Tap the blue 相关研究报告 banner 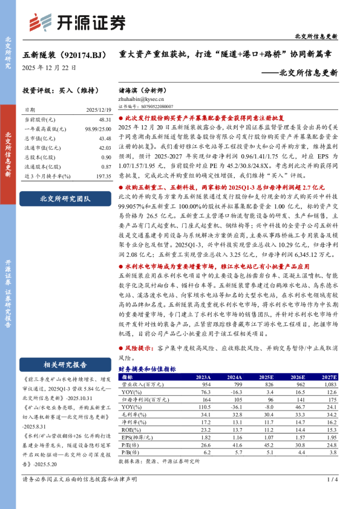click(x=65, y=364)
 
